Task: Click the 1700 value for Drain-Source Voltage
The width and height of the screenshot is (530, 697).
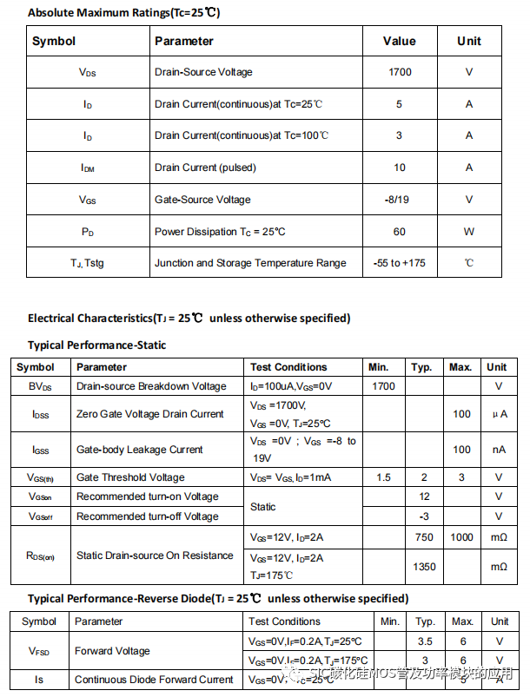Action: pyautogui.click(x=400, y=72)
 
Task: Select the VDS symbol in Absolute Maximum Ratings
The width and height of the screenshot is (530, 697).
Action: pyautogui.click(x=88, y=72)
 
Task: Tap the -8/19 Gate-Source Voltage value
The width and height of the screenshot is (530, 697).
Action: pyautogui.click(x=400, y=200)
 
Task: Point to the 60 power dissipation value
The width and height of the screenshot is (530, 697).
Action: pyautogui.click(x=400, y=232)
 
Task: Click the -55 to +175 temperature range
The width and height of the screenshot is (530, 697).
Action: pyautogui.click(x=400, y=263)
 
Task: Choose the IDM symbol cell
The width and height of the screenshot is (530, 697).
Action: pyautogui.click(x=88, y=168)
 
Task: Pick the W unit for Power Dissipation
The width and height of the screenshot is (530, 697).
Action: pyautogui.click(x=469, y=232)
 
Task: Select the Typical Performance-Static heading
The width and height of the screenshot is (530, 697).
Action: pyautogui.click(x=96, y=345)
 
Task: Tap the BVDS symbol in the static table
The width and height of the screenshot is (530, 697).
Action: pyautogui.click(x=40, y=386)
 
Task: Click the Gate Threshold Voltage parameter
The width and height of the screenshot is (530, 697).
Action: pyautogui.click(x=130, y=477)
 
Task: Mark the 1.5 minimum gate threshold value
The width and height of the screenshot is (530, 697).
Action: pyautogui.click(x=384, y=477)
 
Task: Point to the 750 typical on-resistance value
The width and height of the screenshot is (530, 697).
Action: pyautogui.click(x=424, y=537)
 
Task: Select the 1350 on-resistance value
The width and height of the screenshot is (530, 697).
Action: pyautogui.click(x=424, y=567)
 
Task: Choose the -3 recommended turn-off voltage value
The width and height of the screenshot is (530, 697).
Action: pyautogui.click(x=424, y=516)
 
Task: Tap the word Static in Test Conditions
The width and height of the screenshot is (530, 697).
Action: pyautogui.click(x=263, y=506)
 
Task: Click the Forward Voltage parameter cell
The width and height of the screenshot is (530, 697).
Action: pyautogui.click(x=112, y=651)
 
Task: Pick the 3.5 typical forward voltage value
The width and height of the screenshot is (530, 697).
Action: pyautogui.click(x=425, y=641)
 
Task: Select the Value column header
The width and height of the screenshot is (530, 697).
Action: pyautogui.click(x=400, y=41)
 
